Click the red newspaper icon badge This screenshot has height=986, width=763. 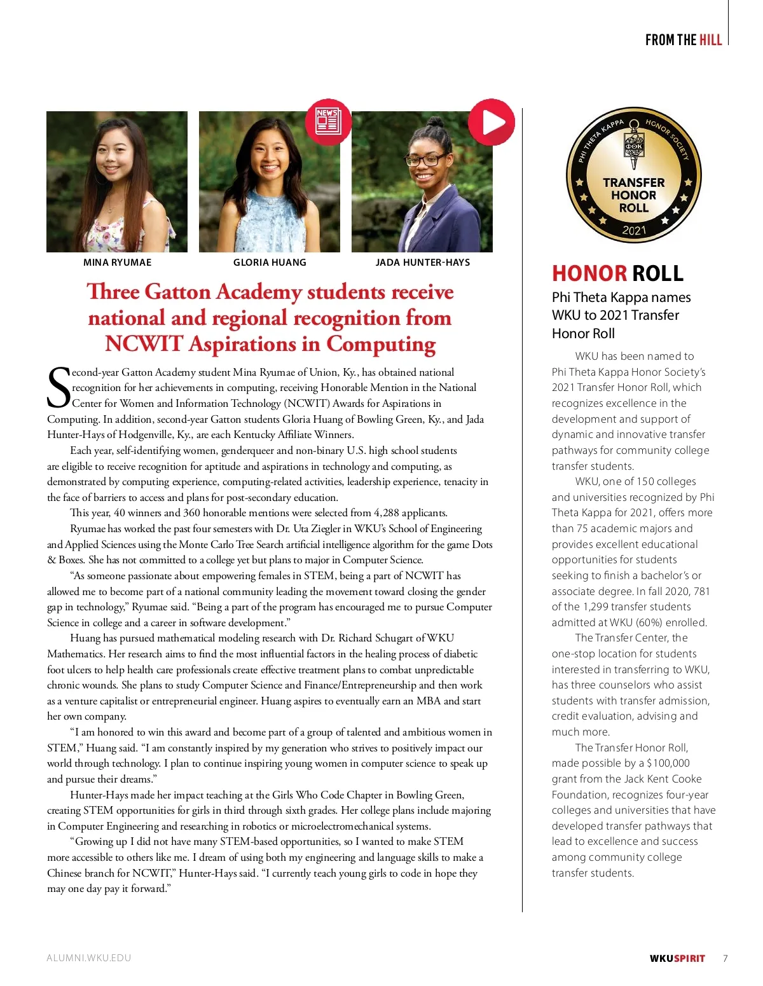point(328,121)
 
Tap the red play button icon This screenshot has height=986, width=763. point(491,121)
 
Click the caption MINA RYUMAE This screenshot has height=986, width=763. point(118,263)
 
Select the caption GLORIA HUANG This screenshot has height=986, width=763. point(270,263)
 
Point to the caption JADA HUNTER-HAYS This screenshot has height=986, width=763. point(423,263)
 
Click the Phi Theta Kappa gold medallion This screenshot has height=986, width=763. point(634,175)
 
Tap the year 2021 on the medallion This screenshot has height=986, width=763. point(634,230)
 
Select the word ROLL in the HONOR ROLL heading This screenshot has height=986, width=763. point(658,273)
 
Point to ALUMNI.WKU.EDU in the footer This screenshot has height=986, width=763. point(89,958)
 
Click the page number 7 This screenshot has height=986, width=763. point(725,959)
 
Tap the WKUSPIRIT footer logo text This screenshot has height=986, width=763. point(677,959)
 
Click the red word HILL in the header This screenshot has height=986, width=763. point(711,40)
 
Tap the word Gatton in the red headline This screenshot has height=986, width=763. point(177,292)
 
